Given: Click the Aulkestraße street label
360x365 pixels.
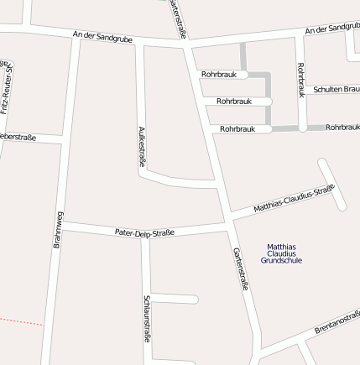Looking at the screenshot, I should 142,148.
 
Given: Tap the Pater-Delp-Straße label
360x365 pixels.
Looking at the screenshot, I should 144,232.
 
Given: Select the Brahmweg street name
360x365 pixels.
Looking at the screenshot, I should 58,229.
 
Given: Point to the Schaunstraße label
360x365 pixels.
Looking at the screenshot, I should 147,319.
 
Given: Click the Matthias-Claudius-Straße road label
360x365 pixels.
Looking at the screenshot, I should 294,198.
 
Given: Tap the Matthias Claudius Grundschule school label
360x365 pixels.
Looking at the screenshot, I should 281,253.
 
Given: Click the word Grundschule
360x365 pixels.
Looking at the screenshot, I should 281,261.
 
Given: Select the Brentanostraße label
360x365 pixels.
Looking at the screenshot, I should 337,321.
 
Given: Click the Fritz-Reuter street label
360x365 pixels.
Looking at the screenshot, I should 7,88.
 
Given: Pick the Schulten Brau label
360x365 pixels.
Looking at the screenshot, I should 336,89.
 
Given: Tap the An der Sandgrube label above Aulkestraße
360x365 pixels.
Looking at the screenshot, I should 102,37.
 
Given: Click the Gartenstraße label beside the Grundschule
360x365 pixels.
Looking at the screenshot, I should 241,269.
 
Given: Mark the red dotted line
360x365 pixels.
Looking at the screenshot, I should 20,321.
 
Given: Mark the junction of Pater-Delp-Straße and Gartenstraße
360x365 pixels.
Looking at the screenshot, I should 229,224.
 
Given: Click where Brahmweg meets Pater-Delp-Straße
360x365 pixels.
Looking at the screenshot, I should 61,224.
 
